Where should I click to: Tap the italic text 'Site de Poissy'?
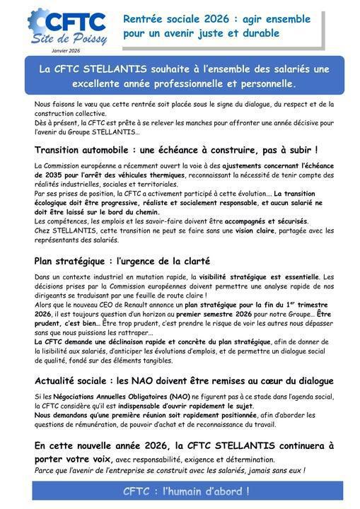coord(69,39)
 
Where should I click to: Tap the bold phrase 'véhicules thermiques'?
coord(150,175)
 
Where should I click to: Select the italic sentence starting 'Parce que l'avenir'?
coord(170,469)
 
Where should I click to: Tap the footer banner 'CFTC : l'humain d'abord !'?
coord(187,491)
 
